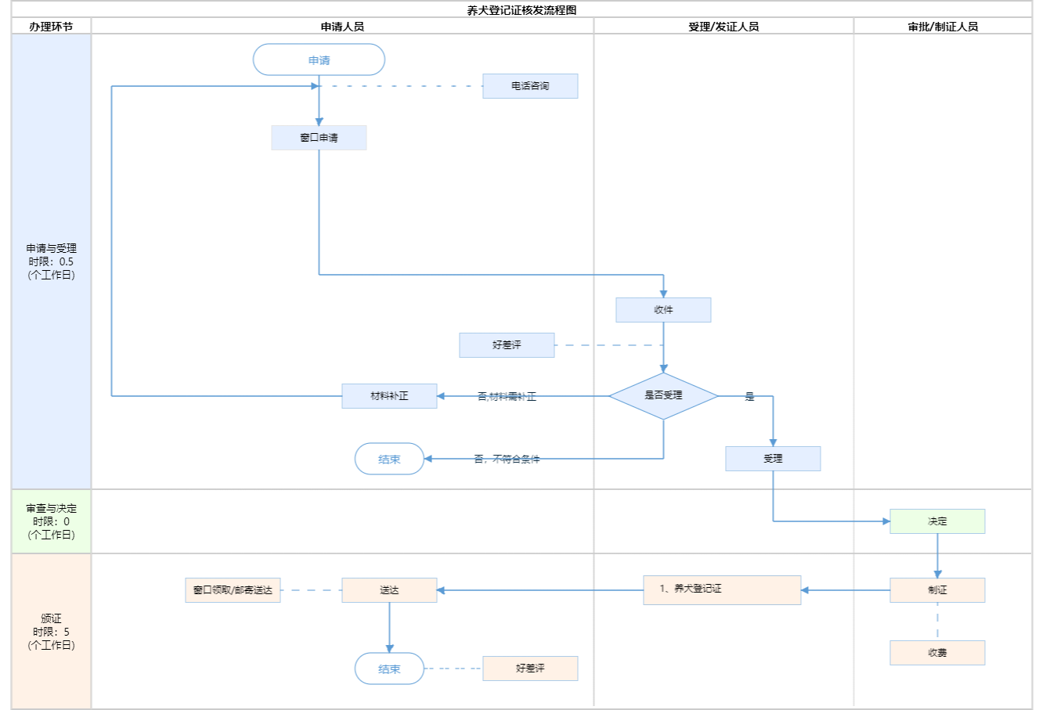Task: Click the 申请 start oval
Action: click(319, 60)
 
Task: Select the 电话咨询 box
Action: click(530, 86)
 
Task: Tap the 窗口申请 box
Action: click(319, 138)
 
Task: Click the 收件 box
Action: click(663, 310)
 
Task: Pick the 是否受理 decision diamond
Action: click(663, 396)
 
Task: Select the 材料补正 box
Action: click(389, 396)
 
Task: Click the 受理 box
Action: click(773, 459)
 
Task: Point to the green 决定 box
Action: click(937, 521)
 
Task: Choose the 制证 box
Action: click(937, 590)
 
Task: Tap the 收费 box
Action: click(937, 653)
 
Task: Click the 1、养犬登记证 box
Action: click(722, 590)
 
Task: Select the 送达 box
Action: click(389, 590)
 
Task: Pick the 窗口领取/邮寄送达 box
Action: click(233, 590)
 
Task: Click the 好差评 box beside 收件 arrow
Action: click(507, 345)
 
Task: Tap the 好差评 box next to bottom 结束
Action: click(530, 669)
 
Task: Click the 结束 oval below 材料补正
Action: click(389, 460)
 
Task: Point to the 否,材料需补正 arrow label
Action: click(507, 397)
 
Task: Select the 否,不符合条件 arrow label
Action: click(507, 460)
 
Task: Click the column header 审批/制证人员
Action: click(943, 27)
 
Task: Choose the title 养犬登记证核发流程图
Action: click(521, 10)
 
